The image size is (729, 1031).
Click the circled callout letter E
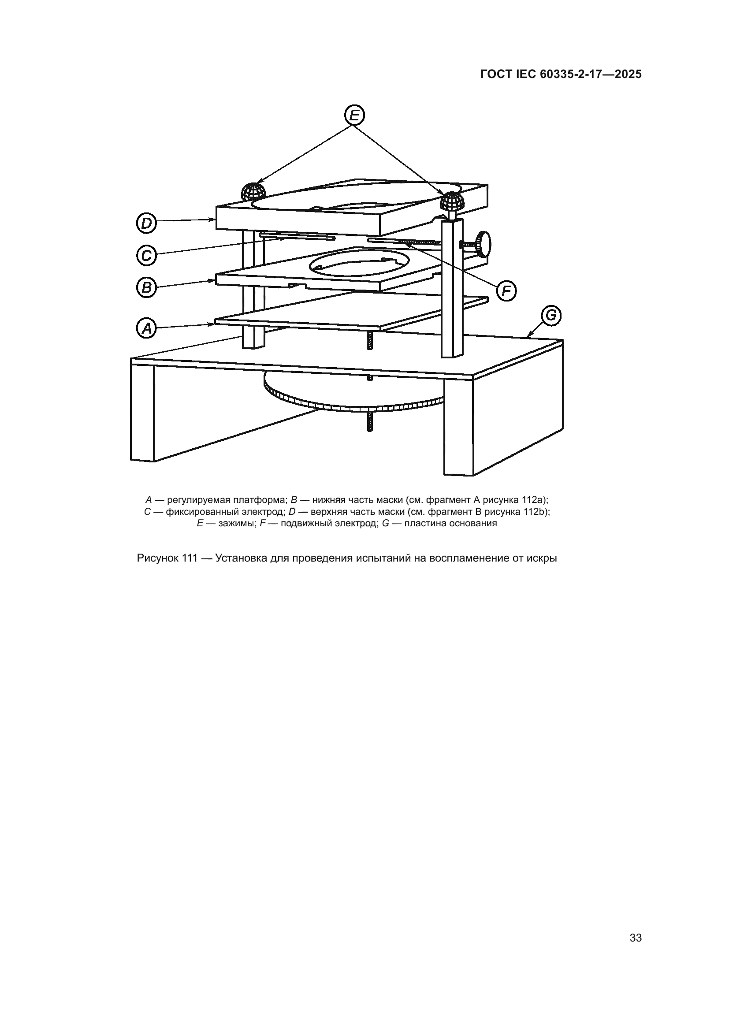click(355, 115)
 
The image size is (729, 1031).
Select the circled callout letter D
click(146, 223)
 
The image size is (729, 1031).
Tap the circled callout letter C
click(146, 256)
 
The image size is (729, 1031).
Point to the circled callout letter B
click(146, 287)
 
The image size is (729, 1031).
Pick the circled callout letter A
click(146, 328)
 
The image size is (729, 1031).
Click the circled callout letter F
click(506, 292)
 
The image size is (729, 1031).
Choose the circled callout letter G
click(550, 315)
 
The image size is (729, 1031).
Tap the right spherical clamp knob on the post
click(452, 201)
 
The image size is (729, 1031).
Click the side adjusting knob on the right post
click(484, 244)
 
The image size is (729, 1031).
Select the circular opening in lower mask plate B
click(359, 263)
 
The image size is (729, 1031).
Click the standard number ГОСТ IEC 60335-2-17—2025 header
click(561, 74)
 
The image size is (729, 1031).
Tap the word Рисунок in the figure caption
click(158, 558)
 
